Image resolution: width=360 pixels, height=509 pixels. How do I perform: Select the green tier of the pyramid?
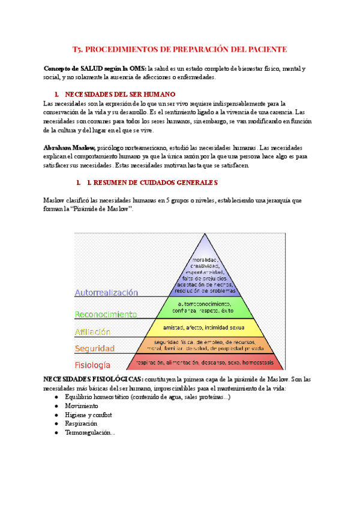click(206, 308)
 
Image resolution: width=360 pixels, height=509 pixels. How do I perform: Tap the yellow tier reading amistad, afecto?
click(206, 328)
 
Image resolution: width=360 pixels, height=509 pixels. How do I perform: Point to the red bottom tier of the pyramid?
click(206, 363)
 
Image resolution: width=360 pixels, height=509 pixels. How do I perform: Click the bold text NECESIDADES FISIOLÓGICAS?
click(93, 379)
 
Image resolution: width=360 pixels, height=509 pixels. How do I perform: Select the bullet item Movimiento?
click(82, 406)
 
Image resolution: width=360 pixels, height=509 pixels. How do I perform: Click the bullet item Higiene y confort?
click(88, 415)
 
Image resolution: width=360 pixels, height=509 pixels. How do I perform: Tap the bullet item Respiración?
click(82, 423)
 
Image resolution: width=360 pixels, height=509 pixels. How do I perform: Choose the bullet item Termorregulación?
click(89, 432)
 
